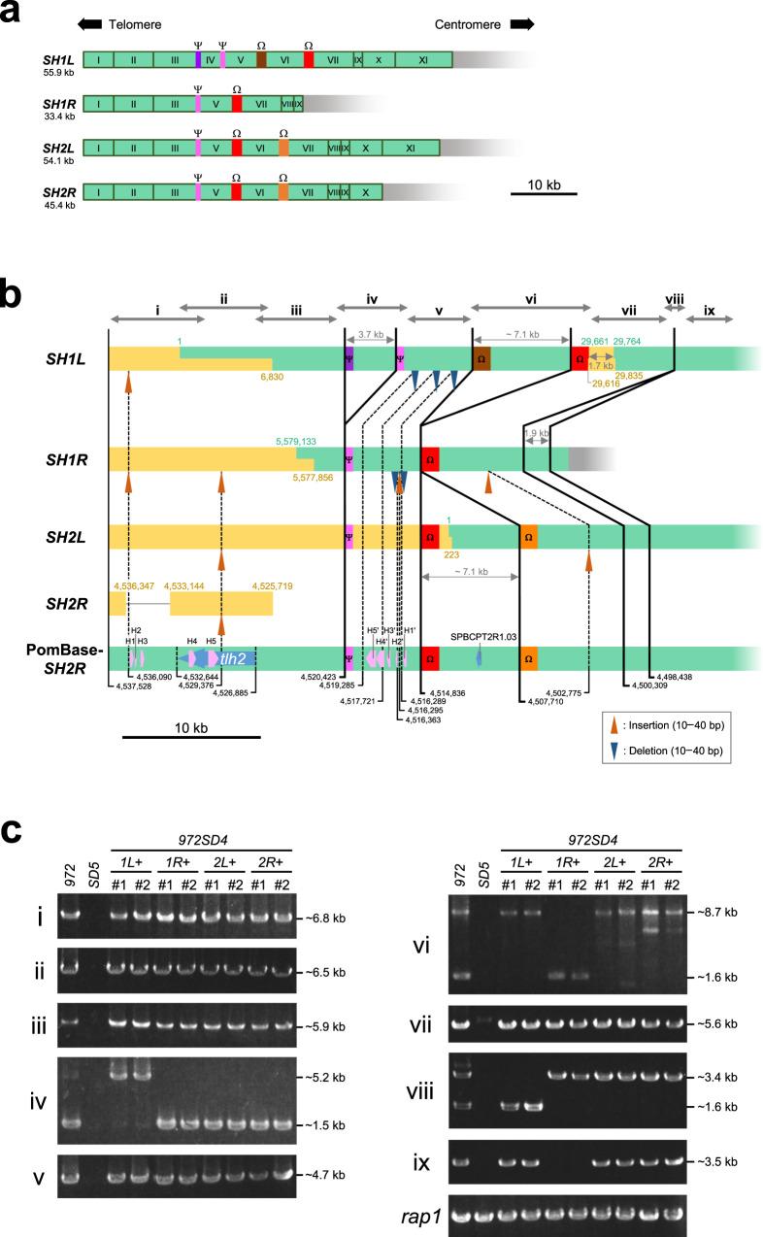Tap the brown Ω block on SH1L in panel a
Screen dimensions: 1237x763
click(x=261, y=60)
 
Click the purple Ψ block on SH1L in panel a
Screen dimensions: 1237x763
click(x=198, y=60)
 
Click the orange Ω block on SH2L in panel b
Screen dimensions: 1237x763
click(x=528, y=536)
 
